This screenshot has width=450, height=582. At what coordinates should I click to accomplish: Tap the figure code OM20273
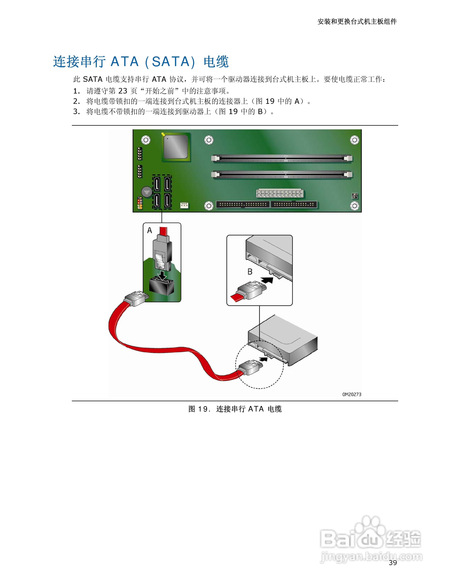tap(352, 394)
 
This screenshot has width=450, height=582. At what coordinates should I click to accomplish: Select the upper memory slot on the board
tap(282, 159)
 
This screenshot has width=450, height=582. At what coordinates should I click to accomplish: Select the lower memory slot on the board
tap(282, 175)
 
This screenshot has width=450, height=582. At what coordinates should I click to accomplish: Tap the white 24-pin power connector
tap(280, 193)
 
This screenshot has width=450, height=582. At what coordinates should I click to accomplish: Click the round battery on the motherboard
tap(146, 192)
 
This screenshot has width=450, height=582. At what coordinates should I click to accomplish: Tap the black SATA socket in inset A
tap(162, 286)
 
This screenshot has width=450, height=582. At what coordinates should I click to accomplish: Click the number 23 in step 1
tap(123, 91)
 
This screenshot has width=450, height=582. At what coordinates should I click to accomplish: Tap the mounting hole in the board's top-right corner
tap(354, 140)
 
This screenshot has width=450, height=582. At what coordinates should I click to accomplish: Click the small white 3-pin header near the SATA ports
tap(184, 205)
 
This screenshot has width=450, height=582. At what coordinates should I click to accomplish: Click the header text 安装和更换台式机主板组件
tap(357, 21)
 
